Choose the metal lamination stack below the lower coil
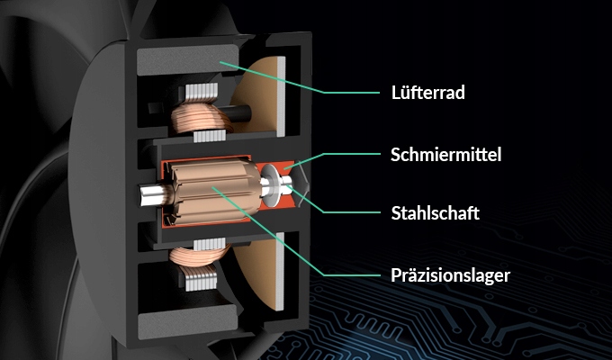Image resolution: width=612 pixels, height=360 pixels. click(202, 282)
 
